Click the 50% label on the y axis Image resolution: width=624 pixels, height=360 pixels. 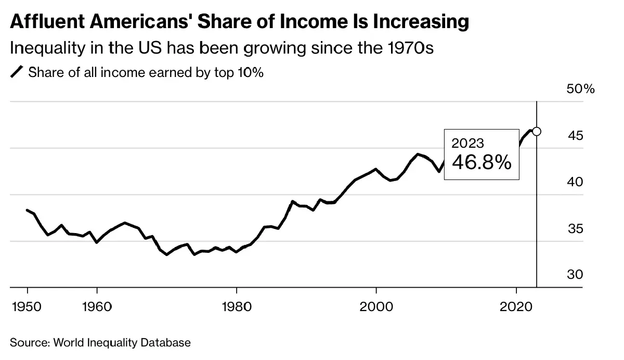pos(580,89)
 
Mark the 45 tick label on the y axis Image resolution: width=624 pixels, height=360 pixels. pos(576,136)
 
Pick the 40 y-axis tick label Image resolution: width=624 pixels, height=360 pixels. pos(576,182)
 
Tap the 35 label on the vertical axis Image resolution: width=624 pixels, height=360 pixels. pos(576,229)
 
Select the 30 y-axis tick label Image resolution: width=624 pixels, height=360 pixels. pos(576,275)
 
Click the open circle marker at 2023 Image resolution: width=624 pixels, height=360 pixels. pos(537,132)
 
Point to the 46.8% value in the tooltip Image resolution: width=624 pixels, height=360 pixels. pos(482,163)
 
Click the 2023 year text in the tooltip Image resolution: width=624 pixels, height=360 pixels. pos(467,143)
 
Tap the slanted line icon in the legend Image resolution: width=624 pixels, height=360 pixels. pos(17,73)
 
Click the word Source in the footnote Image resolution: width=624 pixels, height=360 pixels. pos(27,343)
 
